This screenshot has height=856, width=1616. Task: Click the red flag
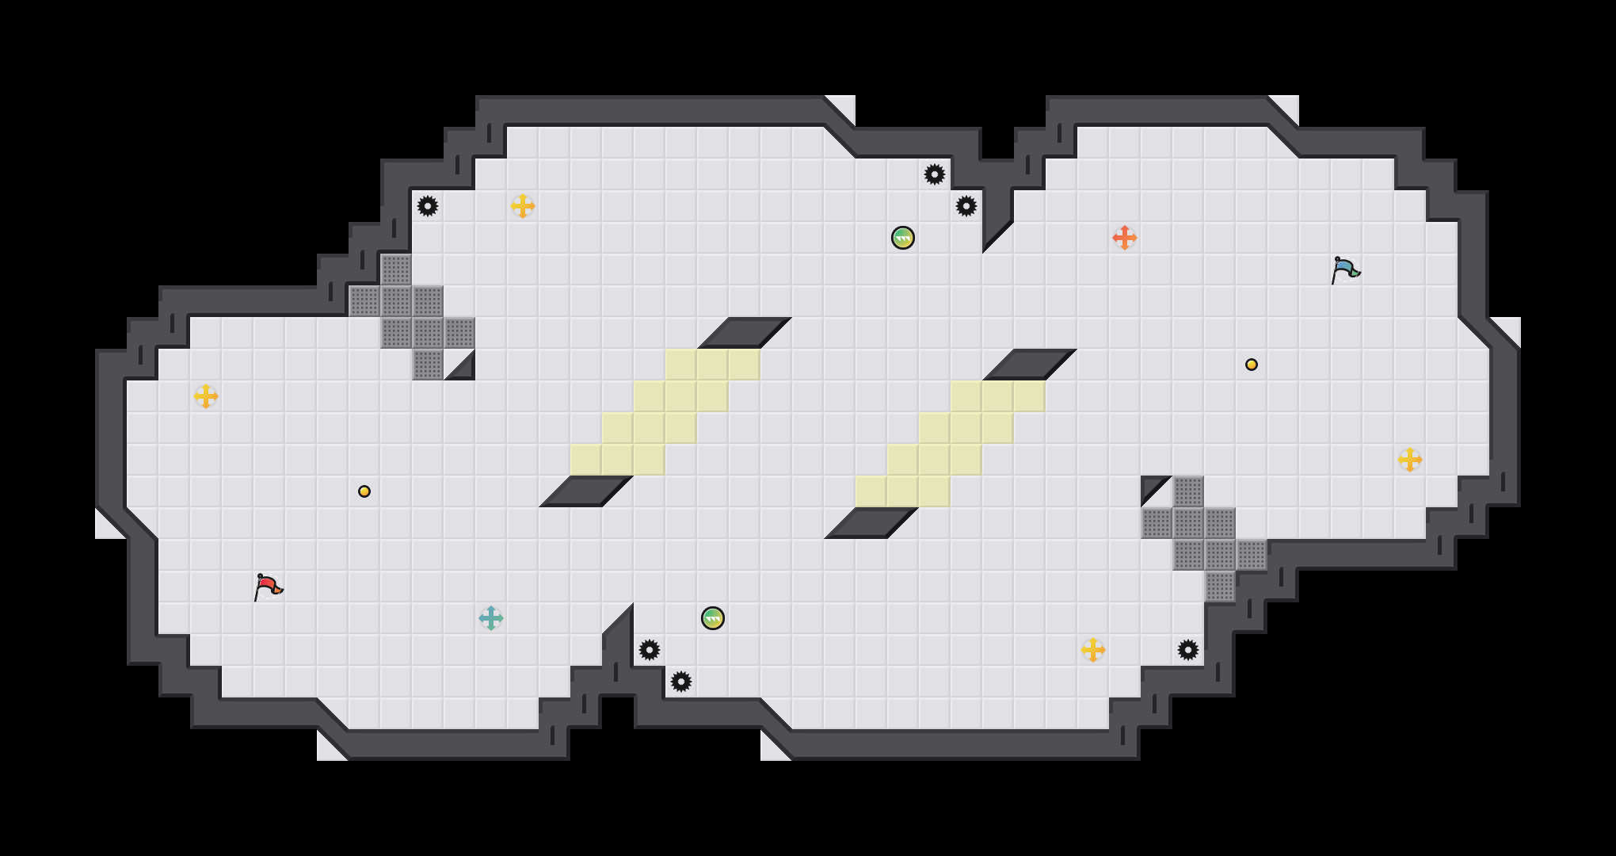(268, 587)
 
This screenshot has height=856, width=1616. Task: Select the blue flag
(1345, 269)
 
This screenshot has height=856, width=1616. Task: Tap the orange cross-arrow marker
(1125, 238)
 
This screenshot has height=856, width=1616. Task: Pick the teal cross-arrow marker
(491, 618)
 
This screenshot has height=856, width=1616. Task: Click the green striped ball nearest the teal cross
(713, 618)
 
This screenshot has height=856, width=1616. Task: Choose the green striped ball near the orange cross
(903, 238)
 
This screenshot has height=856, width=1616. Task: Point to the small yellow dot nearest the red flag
(364, 491)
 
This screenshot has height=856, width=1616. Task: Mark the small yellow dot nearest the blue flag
(1252, 365)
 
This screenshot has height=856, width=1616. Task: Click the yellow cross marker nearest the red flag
(206, 396)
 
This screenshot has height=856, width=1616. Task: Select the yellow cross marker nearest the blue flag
(1410, 460)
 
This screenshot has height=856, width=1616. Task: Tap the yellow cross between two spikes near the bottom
(1093, 650)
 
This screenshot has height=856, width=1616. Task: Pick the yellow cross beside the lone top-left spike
(523, 206)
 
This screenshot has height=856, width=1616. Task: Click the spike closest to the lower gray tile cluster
(1188, 650)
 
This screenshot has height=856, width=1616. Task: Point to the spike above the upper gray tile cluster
(428, 206)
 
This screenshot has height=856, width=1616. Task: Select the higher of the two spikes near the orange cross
(935, 174)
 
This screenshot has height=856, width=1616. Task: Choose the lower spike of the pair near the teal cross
(681, 682)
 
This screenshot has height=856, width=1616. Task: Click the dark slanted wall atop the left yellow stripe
(745, 333)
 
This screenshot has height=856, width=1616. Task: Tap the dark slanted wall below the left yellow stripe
(586, 491)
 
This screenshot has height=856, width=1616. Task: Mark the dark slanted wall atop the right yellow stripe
(1030, 365)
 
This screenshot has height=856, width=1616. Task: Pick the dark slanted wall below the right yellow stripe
(871, 523)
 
